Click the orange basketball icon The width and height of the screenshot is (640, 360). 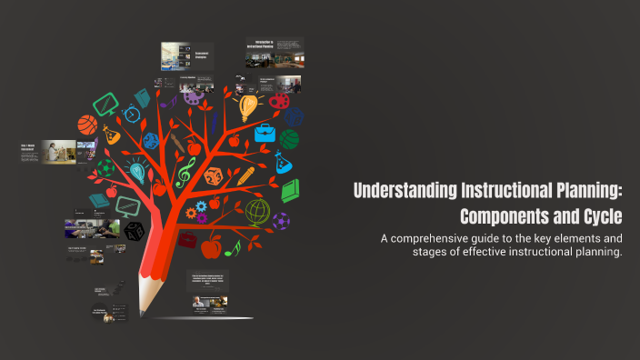click(x=87, y=124)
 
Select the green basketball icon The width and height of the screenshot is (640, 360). click(x=288, y=139)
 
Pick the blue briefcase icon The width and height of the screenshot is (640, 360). click(x=265, y=135)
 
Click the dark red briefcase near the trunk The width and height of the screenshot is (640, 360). click(x=186, y=239)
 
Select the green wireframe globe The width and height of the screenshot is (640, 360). click(x=257, y=212)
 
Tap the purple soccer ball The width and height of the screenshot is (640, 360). click(x=281, y=221)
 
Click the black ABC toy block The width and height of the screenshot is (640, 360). click(x=135, y=231)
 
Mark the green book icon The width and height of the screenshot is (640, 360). click(x=290, y=191)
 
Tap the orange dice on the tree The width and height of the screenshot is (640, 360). click(x=213, y=176)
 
